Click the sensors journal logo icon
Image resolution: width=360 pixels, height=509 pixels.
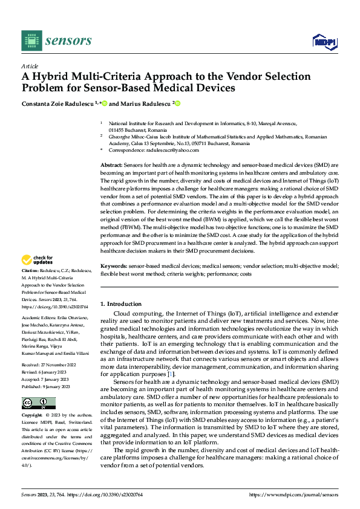click(32, 41)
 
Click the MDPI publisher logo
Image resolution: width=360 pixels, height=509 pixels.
click(324, 41)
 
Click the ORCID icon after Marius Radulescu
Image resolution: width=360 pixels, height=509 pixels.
click(178, 103)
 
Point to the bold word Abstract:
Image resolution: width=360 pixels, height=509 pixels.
click(111, 164)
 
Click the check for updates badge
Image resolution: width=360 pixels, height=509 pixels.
click(38, 258)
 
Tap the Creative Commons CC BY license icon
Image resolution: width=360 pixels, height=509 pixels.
click(38, 403)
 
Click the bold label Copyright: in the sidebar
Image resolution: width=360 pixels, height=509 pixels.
click(32, 417)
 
